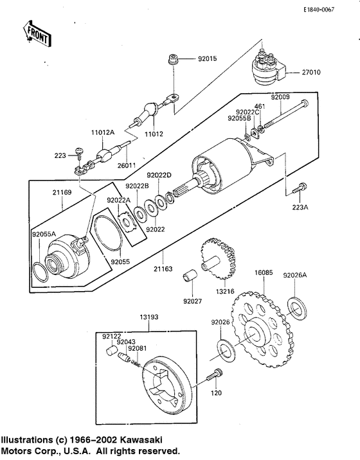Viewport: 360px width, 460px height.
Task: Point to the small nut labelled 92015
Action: [x=174, y=59]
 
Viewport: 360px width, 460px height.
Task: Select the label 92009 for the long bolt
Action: [x=281, y=97]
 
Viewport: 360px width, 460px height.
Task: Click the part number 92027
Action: [x=192, y=301]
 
